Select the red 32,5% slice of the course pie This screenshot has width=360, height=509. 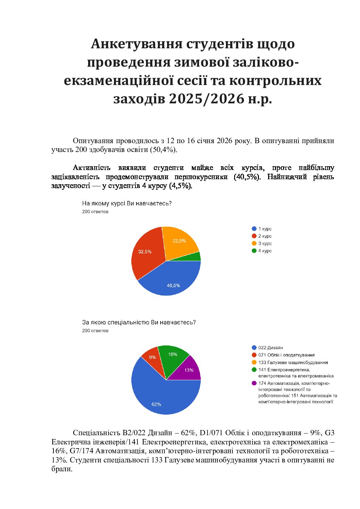tap(146, 253)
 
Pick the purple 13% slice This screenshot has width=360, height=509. tap(188, 370)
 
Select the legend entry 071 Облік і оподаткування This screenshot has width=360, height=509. tap(286, 355)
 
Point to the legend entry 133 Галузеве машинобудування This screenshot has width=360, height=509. tap(293, 362)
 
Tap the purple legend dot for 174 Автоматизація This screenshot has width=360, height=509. tap(254, 383)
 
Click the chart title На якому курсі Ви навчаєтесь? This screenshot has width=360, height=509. tap(127, 204)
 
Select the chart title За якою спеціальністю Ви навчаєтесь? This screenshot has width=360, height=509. tap(139, 322)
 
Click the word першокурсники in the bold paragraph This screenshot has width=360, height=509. tap(201, 177)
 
